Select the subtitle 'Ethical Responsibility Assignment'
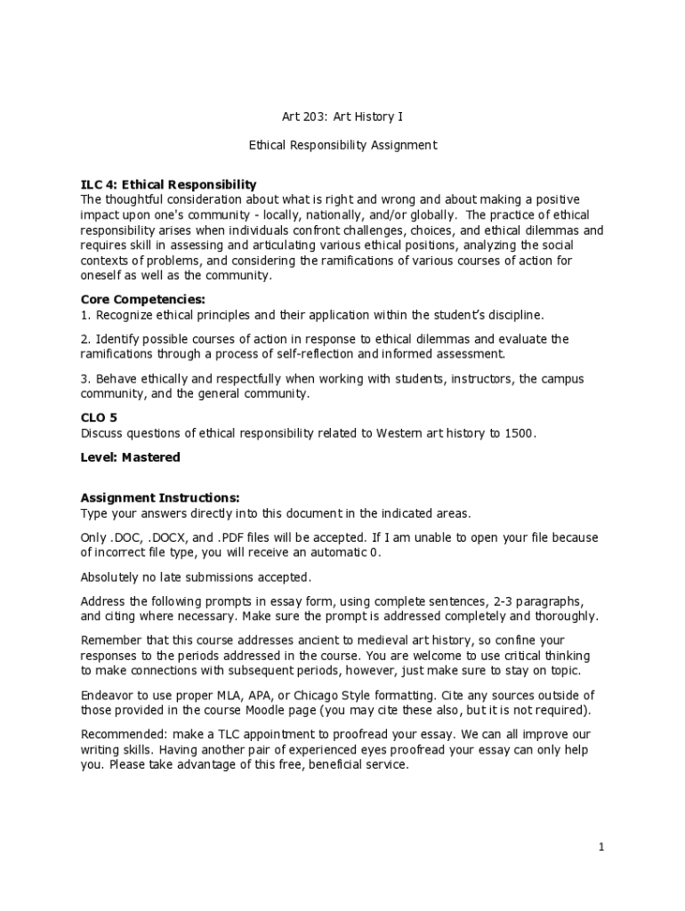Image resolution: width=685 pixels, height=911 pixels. pos(342,145)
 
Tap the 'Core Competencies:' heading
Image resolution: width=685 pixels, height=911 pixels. pos(143,300)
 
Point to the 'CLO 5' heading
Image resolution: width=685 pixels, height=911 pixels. pos(99,418)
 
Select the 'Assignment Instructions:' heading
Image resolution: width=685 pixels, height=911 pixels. pos(160,498)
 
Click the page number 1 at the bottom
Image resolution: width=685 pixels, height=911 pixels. pos(601,847)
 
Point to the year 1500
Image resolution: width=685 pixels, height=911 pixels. pos(520,433)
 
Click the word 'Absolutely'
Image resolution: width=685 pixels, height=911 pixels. pos(112,576)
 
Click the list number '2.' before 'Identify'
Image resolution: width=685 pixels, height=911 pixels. pos(86,339)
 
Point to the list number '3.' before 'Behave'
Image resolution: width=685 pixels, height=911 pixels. pos(86,379)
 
